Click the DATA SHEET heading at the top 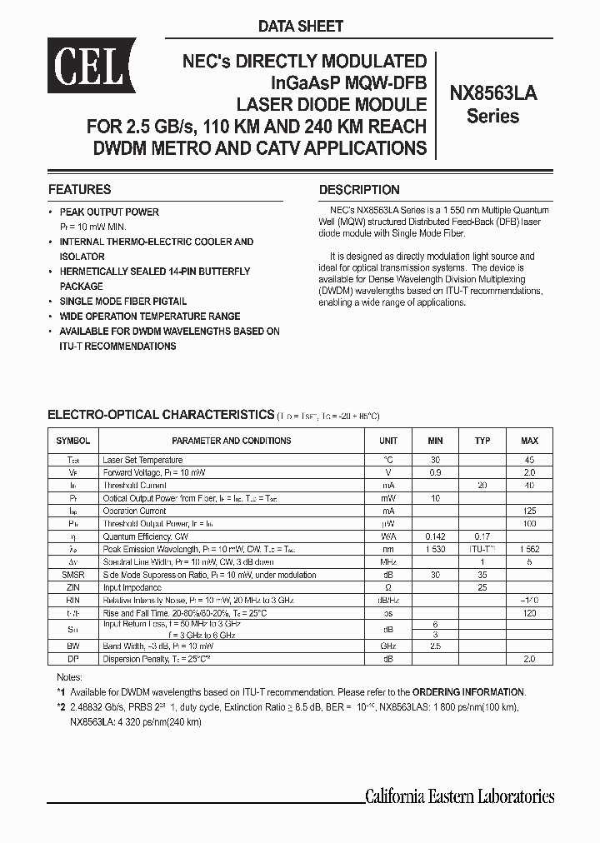click(300, 27)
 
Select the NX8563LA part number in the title click(493, 94)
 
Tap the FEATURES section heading click(79, 189)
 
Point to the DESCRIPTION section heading click(359, 189)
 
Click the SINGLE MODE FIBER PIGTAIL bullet click(123, 302)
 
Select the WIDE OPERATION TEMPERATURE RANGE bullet click(150, 317)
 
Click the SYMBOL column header click(73, 441)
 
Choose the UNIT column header click(388, 441)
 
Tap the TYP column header click(482, 441)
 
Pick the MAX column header click(529, 441)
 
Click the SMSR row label click(73, 575)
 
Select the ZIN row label click(73, 587)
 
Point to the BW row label click(73, 645)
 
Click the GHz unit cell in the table click(388, 645)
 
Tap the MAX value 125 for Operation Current click(529, 511)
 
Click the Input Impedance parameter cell click(132, 587)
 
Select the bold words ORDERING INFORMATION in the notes click(468, 692)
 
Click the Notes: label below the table click(70, 678)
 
